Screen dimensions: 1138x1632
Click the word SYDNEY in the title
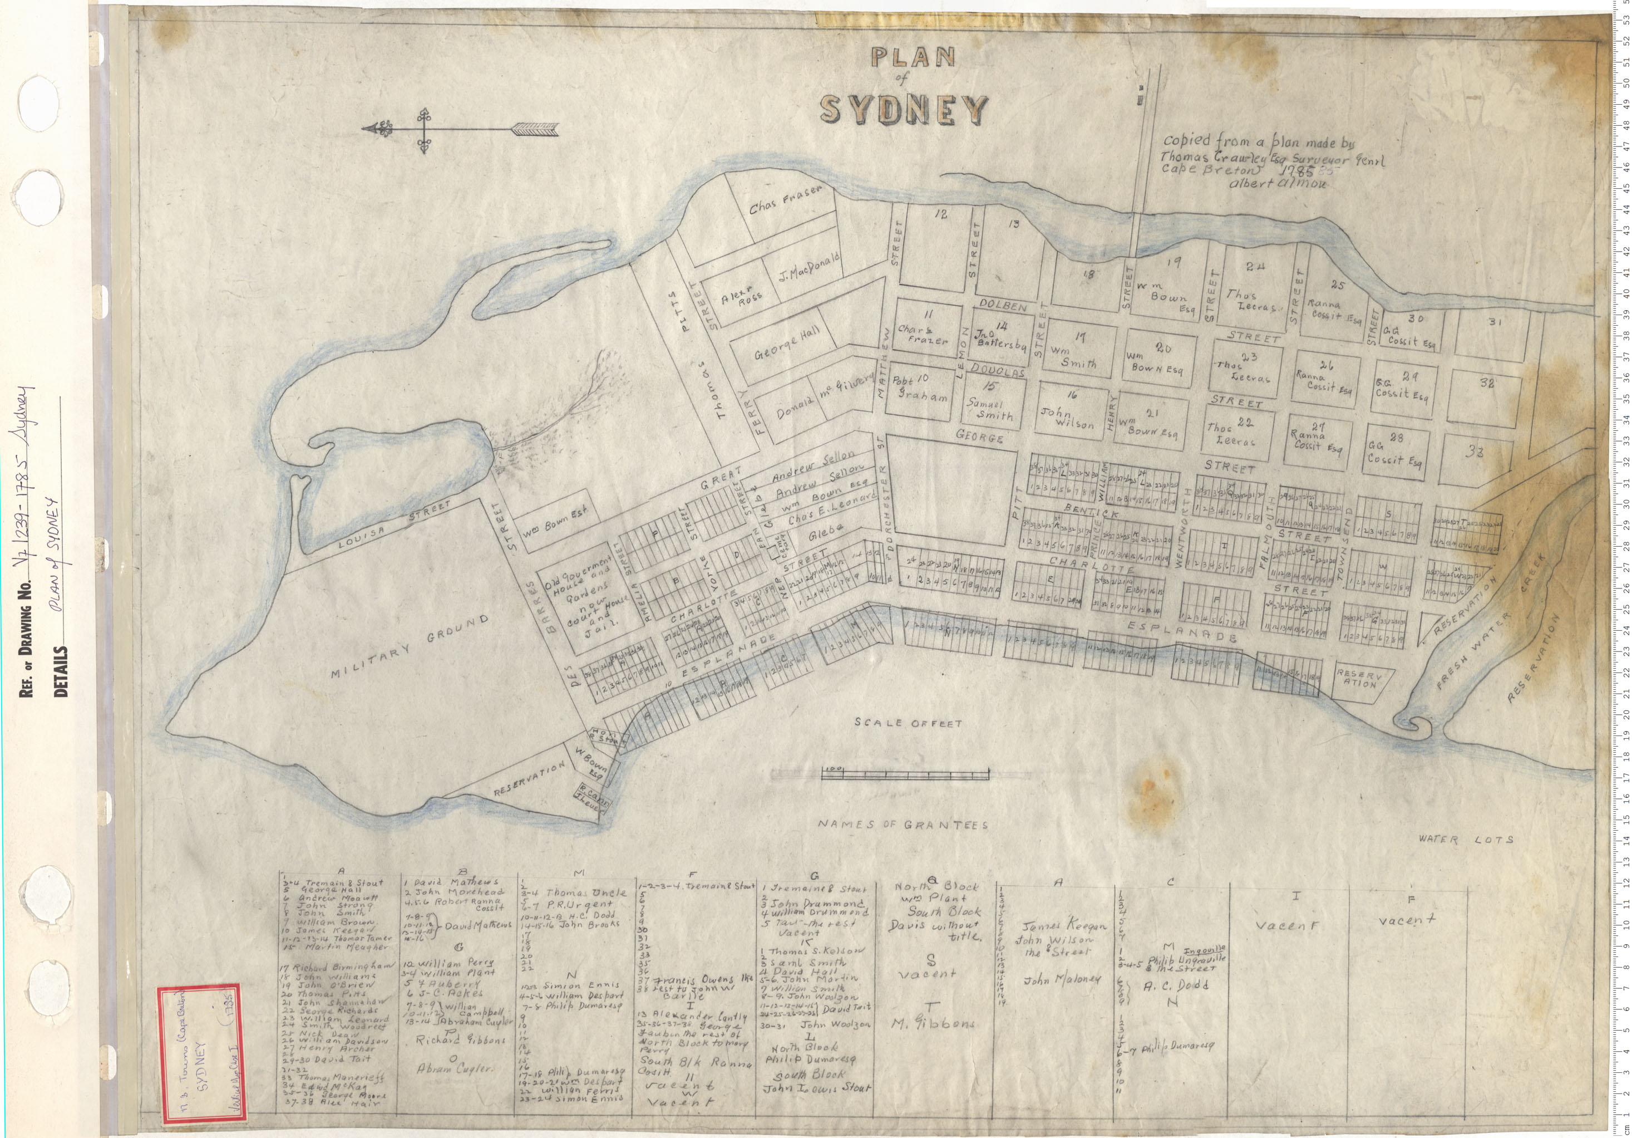(x=903, y=110)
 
